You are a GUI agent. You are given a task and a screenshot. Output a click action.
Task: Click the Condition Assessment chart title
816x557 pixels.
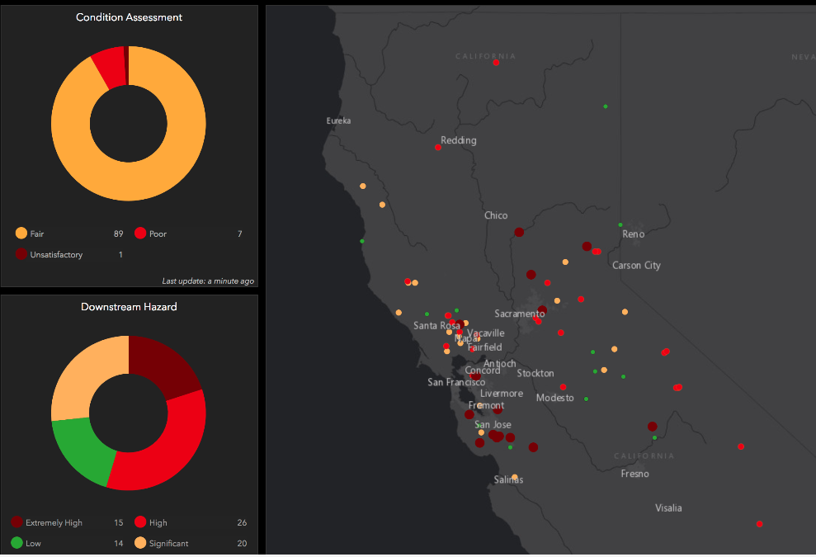129,17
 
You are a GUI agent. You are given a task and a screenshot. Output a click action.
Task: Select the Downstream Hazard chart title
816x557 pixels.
129,307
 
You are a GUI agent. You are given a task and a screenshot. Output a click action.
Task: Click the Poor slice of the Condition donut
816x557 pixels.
109,66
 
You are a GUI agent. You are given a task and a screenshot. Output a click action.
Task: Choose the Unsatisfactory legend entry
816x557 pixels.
56,255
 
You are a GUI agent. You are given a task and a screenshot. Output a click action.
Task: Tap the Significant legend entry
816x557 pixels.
168,544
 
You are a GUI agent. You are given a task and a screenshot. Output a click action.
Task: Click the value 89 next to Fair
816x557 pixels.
118,234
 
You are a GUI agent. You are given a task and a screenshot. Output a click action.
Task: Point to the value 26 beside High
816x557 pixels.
241,523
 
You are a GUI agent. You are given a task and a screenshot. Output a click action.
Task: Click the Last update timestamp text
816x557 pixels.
208,281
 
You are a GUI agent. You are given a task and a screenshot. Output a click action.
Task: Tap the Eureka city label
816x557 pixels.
338,121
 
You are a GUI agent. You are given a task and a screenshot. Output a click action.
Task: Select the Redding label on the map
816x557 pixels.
459,140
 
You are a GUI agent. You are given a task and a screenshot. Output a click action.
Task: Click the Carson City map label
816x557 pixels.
636,266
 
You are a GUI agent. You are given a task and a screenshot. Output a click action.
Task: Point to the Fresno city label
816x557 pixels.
635,474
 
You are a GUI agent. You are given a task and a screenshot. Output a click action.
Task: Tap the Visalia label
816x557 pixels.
668,508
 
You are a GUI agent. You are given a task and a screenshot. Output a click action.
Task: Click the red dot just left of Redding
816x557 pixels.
438,148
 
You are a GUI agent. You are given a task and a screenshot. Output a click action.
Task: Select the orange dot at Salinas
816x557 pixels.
514,477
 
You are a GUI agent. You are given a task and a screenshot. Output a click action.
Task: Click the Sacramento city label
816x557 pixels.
519,314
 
